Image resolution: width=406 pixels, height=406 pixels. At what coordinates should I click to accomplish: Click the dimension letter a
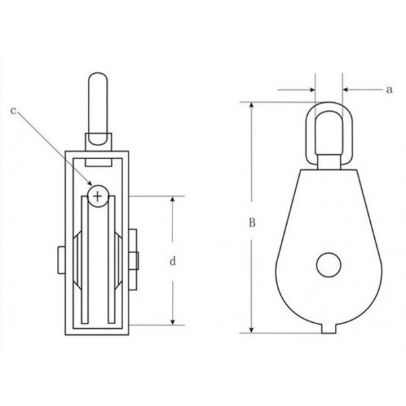[x=389, y=90]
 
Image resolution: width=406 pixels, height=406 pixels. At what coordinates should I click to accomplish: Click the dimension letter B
[x=252, y=223]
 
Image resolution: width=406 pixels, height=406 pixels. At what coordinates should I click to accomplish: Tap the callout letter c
[x=14, y=111]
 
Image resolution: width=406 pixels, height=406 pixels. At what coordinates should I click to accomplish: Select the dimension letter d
[x=173, y=261]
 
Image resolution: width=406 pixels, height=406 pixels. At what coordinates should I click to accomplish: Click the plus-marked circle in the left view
[x=98, y=196]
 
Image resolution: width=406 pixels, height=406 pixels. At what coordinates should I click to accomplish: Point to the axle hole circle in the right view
[x=329, y=265]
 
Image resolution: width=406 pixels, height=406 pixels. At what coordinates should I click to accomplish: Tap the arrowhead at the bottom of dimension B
[x=252, y=330]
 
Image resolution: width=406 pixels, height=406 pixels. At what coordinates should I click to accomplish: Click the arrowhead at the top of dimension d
[x=173, y=200]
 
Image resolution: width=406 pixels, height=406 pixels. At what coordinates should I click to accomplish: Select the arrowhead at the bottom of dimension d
[x=173, y=321]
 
